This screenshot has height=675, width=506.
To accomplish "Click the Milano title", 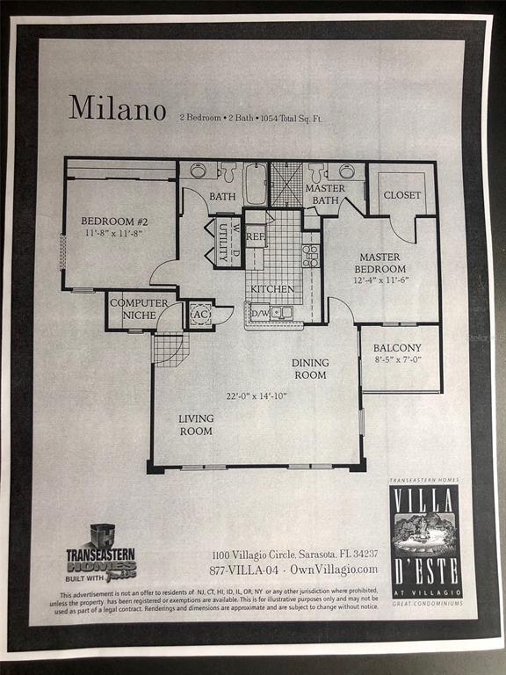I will pyautogui.click(x=118, y=108).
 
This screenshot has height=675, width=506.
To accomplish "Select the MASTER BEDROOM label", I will pyautogui.click(x=380, y=263).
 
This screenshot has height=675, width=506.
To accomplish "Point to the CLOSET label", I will pyautogui.click(x=402, y=195).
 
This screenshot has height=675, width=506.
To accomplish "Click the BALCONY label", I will pyautogui.click(x=397, y=348).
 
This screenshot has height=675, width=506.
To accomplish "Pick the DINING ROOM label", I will pyautogui.click(x=310, y=369).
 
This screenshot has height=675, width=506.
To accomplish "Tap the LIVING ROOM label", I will pyautogui.click(x=196, y=425).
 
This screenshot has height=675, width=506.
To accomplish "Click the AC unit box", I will pyautogui.click(x=199, y=314).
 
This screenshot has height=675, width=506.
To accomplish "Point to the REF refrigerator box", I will pyautogui.click(x=256, y=236).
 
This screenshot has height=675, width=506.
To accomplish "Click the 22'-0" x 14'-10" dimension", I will pyautogui.click(x=257, y=396).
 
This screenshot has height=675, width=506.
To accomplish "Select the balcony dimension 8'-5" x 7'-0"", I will pyautogui.click(x=397, y=360).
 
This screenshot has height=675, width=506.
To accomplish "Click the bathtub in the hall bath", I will pyautogui.click(x=256, y=184).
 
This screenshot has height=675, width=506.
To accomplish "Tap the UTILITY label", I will pyautogui.click(x=224, y=242).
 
